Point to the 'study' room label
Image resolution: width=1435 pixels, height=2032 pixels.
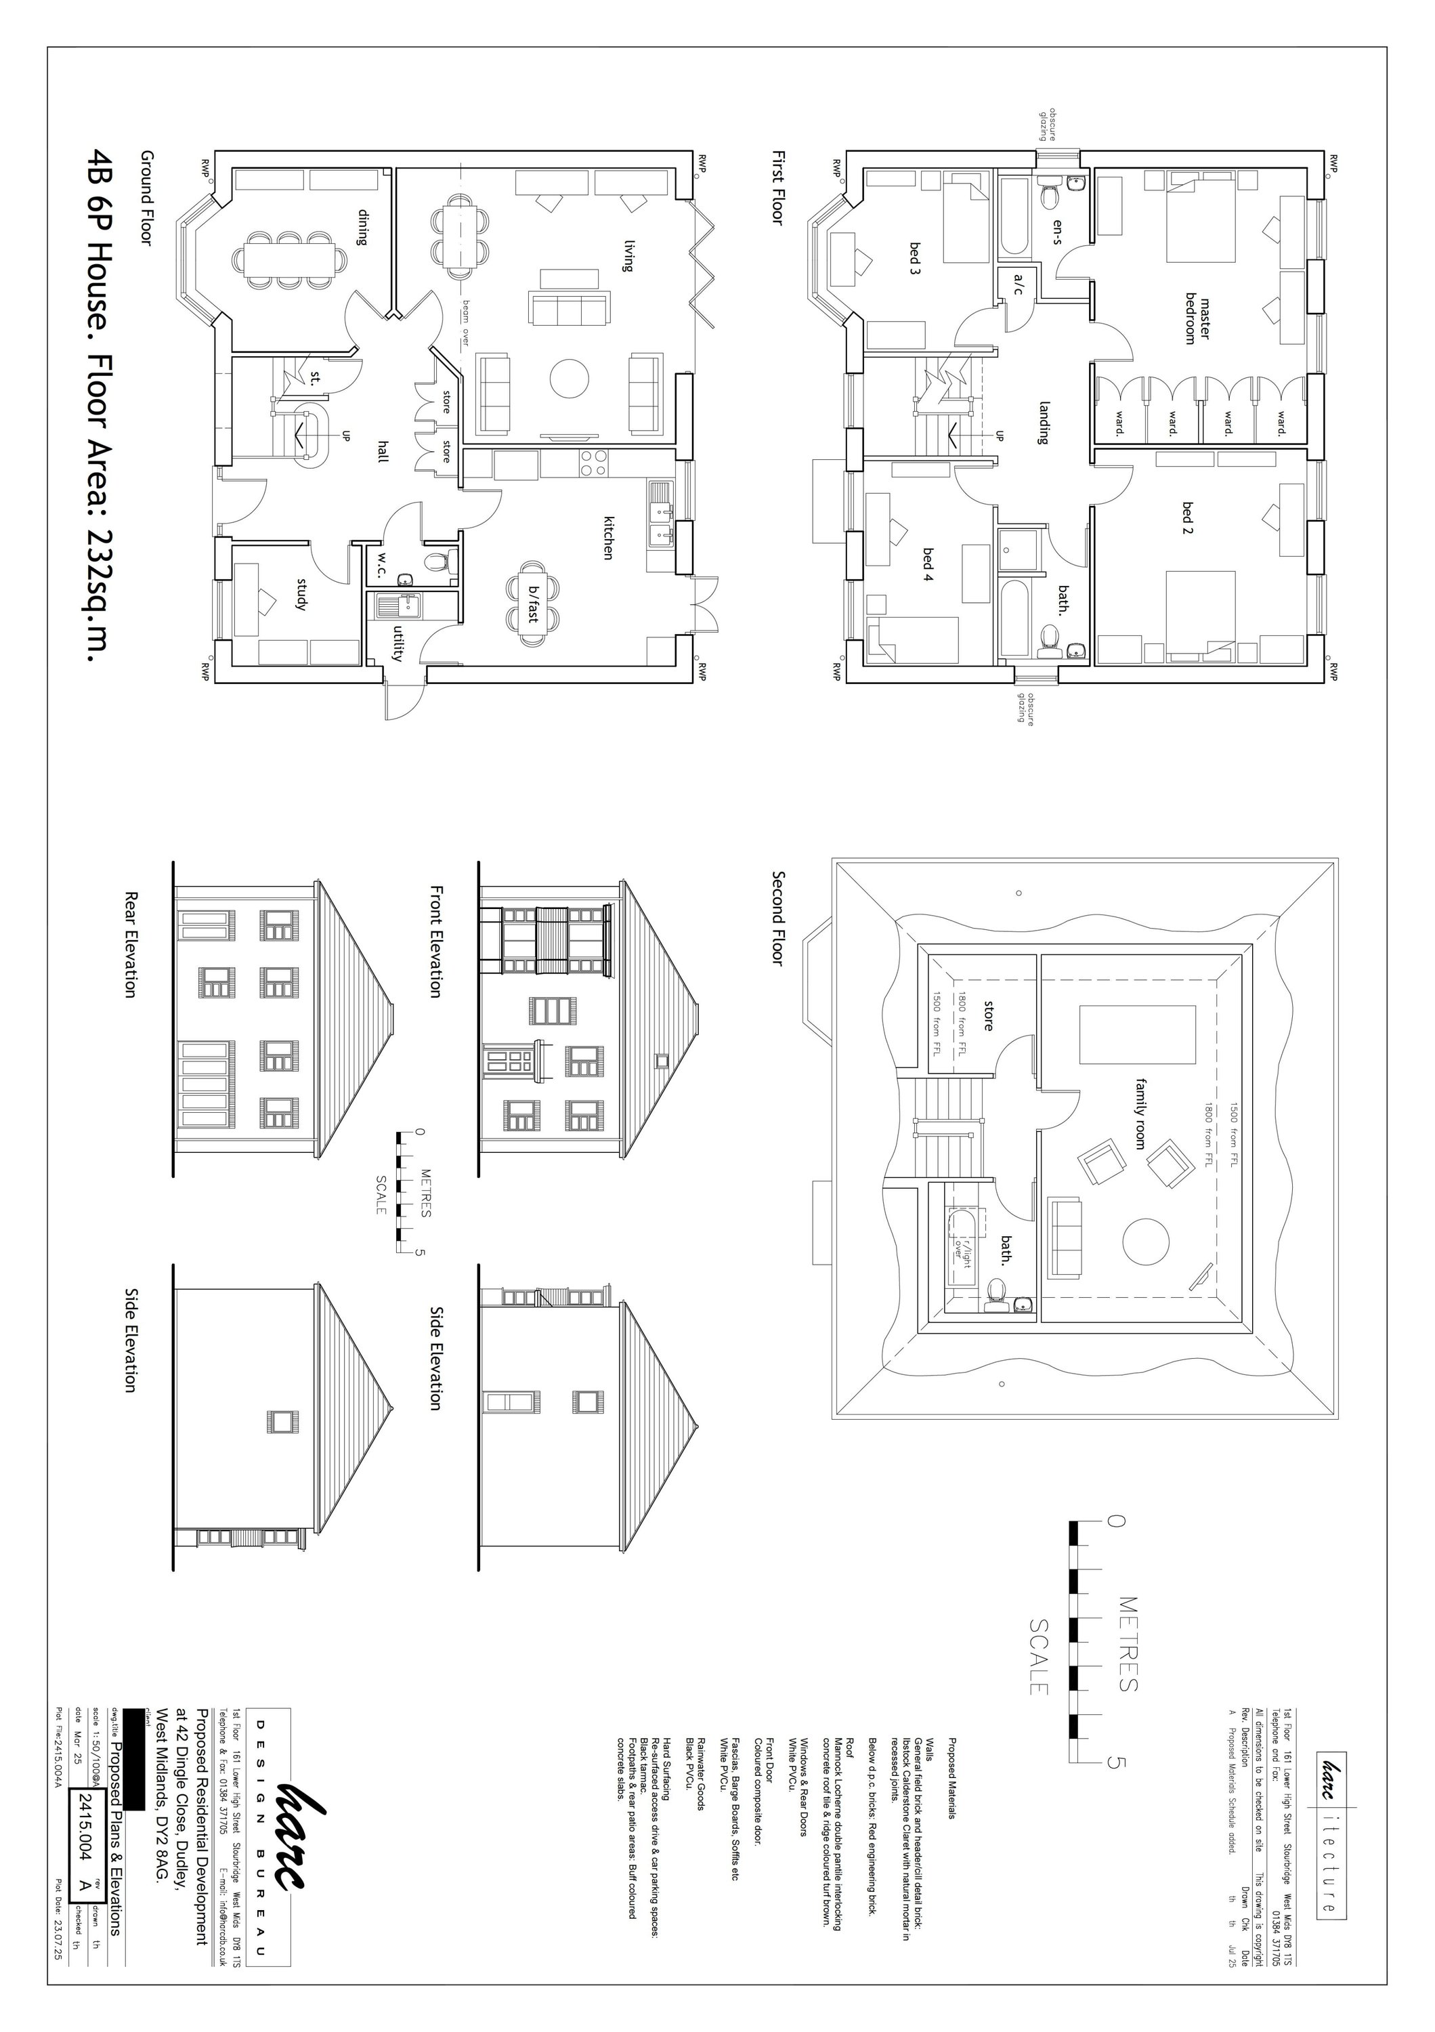click(x=301, y=594)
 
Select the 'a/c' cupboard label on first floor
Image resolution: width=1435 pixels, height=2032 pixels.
click(x=1017, y=283)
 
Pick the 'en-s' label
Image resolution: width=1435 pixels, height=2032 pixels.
click(x=1056, y=231)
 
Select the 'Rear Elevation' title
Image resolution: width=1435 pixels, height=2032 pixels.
click(x=130, y=944)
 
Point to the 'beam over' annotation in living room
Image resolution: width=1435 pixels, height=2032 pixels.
click(x=465, y=323)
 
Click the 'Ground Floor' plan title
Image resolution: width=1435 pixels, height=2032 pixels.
click(x=146, y=196)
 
